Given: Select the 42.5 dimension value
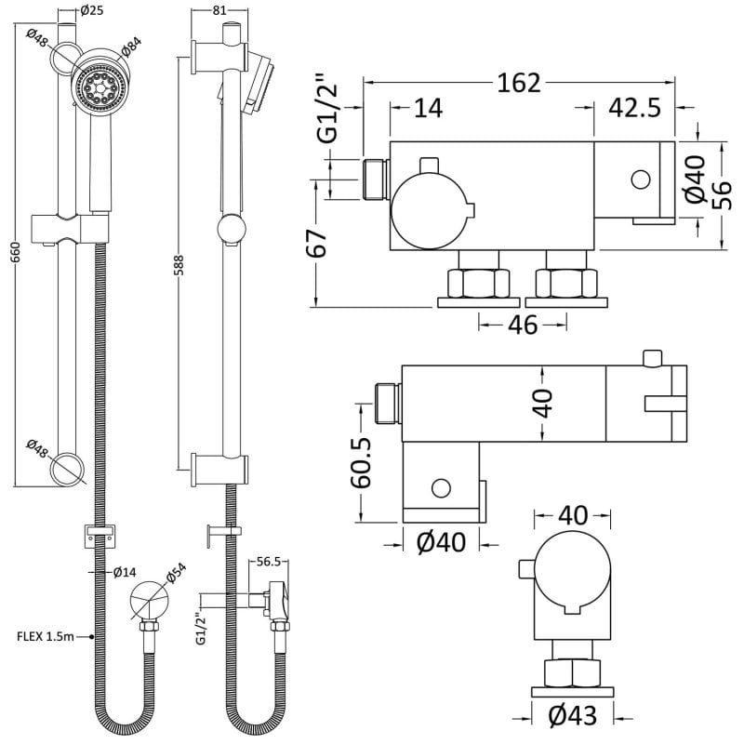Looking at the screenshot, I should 635,108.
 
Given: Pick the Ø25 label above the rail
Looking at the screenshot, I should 90,12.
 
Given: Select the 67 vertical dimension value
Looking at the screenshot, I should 317,245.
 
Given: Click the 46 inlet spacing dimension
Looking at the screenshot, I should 523,325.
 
